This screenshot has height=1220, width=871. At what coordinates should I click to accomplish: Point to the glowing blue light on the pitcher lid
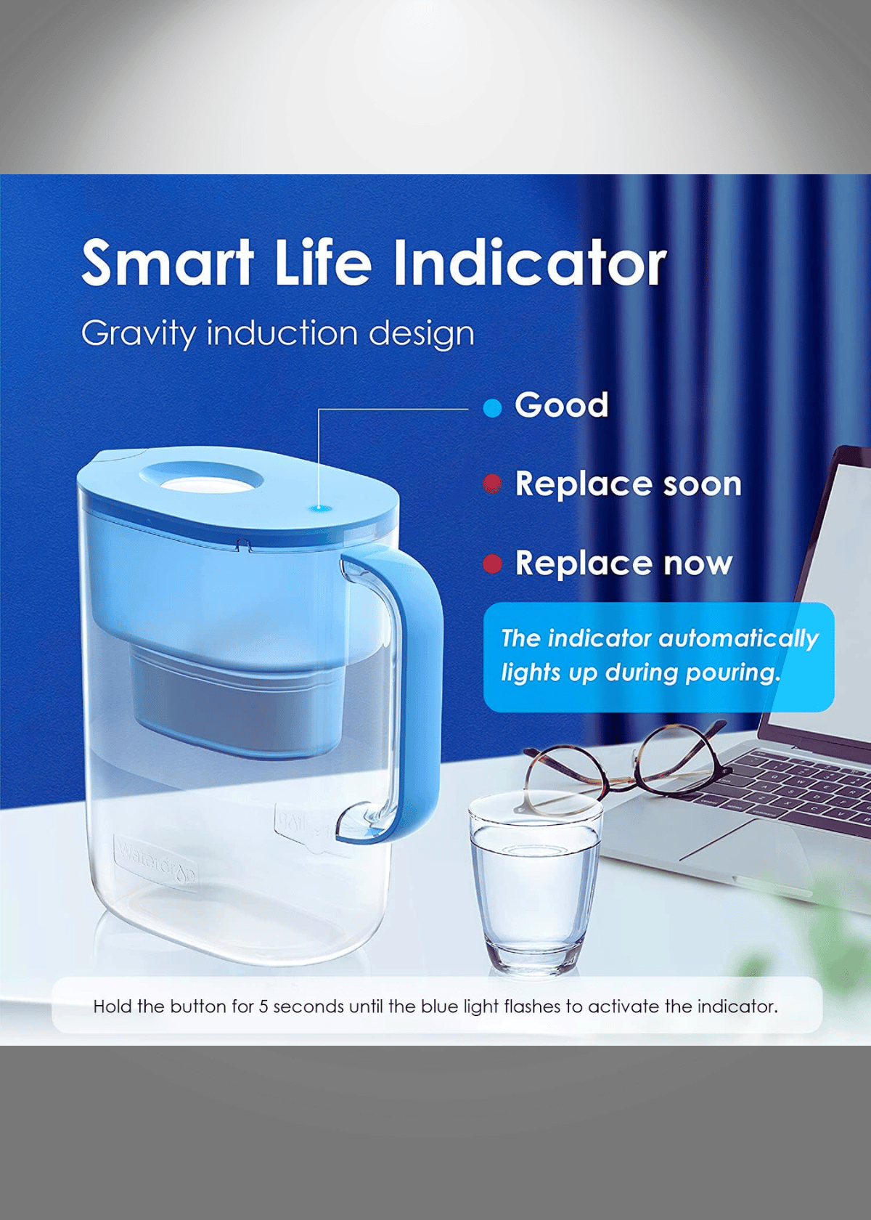(x=319, y=508)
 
